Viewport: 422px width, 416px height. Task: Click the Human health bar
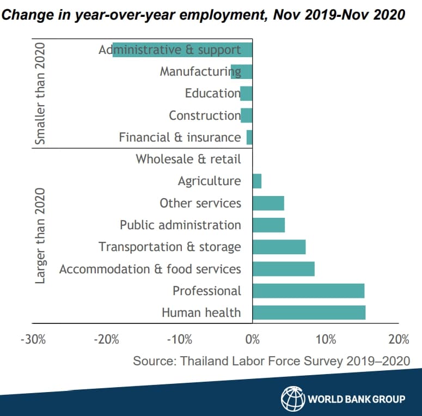tap(309, 313)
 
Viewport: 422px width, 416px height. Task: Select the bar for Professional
tap(308, 291)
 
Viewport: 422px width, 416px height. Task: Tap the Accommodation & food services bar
tap(283, 269)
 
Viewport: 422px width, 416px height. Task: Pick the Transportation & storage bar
tap(279, 247)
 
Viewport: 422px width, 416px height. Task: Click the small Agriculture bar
tap(257, 181)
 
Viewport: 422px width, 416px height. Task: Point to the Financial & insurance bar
tap(249, 137)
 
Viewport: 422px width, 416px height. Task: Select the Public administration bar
tap(268, 225)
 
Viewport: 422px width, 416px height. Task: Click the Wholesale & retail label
tap(188, 159)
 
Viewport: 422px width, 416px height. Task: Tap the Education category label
tap(212, 93)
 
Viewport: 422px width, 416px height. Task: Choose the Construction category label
tap(204, 115)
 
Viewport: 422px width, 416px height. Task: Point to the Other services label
tap(200, 203)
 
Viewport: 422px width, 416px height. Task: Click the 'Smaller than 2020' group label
tap(40, 94)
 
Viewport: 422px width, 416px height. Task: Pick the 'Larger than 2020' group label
tap(40, 236)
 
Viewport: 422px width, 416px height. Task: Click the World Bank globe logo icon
tap(292, 399)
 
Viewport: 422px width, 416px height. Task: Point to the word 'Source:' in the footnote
tap(154, 360)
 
